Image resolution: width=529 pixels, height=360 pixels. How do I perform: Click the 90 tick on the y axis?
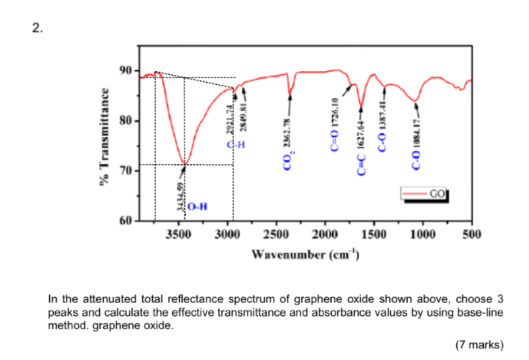[x=126, y=71]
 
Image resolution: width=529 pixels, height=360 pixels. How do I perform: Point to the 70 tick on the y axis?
[x=126, y=171]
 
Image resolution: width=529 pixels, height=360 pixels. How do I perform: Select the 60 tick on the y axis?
[x=126, y=220]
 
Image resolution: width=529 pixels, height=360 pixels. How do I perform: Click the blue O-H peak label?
[x=197, y=207]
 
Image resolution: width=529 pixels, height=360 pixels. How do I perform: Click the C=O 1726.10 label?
[x=335, y=125]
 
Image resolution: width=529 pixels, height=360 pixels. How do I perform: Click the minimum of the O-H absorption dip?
[x=185, y=164]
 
